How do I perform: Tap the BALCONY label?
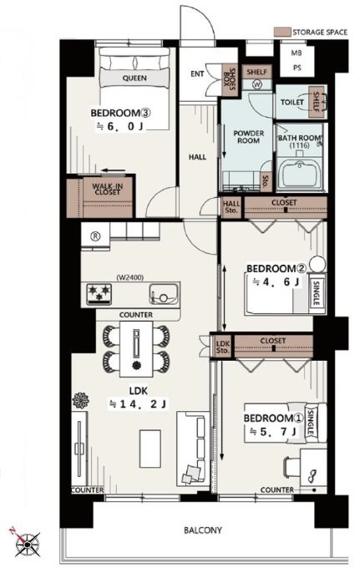(x=203, y=530)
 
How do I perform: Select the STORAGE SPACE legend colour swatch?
(x=282, y=32)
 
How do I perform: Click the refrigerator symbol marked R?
(x=95, y=236)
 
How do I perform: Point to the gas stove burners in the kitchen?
(x=99, y=293)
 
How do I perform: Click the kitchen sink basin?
(x=164, y=294)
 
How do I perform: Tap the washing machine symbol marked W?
(x=257, y=85)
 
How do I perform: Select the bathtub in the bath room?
(x=300, y=175)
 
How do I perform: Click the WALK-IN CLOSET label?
(x=108, y=189)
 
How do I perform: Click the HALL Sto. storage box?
(x=231, y=207)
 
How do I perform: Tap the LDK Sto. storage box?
(x=222, y=346)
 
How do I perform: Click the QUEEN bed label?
(x=134, y=79)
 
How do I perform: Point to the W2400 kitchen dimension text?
(x=130, y=277)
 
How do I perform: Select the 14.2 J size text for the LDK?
(x=138, y=403)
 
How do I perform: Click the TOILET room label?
(x=292, y=102)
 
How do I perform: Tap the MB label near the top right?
(x=297, y=53)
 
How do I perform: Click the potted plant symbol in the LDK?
(x=80, y=401)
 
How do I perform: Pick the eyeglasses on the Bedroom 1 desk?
(x=312, y=476)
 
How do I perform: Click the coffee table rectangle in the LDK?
(x=150, y=449)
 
